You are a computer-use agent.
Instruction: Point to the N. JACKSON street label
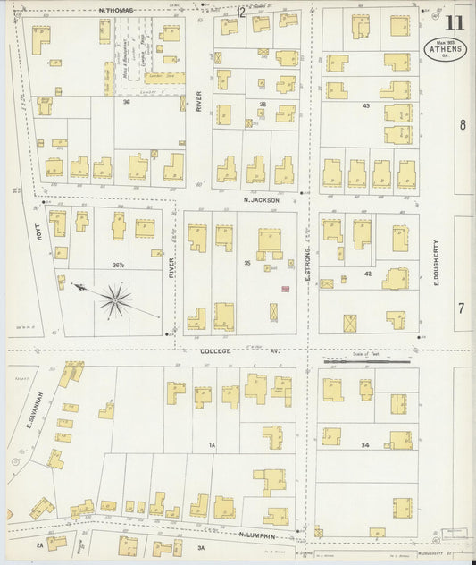point(262,200)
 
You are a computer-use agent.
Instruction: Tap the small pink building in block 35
point(286,290)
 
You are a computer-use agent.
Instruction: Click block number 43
point(366,106)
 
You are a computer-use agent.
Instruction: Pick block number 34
point(364,444)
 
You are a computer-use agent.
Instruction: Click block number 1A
point(212,444)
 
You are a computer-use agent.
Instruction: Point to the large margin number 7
point(462,308)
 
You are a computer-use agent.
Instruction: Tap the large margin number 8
point(463,125)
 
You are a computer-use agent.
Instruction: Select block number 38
point(263,105)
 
